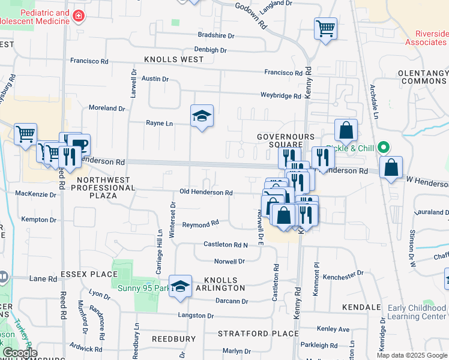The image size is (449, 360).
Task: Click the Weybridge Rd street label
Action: coord(280,95)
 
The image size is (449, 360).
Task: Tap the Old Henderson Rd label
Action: coord(206,192)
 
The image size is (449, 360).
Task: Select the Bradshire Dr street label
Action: coord(215,35)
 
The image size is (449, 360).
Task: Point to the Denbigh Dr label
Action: coord(210,50)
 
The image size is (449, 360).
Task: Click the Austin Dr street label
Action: coord(155,79)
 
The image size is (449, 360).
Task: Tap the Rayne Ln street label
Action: coord(159,123)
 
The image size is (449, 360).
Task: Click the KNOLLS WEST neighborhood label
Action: coord(173,59)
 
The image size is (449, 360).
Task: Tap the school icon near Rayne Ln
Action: coord(202,116)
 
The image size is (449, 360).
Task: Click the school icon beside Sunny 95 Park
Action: coord(180,286)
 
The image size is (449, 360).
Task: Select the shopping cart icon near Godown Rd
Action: coord(325,28)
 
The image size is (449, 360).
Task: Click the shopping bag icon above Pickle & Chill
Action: coord(346,130)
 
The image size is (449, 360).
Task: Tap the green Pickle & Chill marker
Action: coord(385,147)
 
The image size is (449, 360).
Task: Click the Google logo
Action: coord(19,353)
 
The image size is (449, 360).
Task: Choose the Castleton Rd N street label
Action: coord(226,244)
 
